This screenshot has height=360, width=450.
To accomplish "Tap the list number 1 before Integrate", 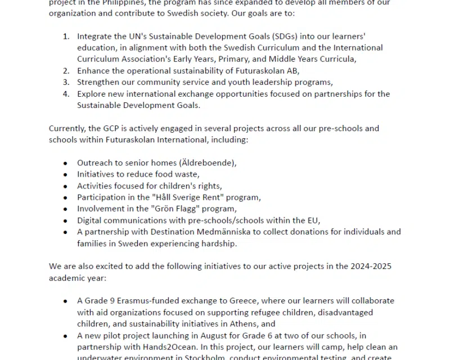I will (66, 37).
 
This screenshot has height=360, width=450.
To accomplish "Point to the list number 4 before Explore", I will (66, 93).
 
